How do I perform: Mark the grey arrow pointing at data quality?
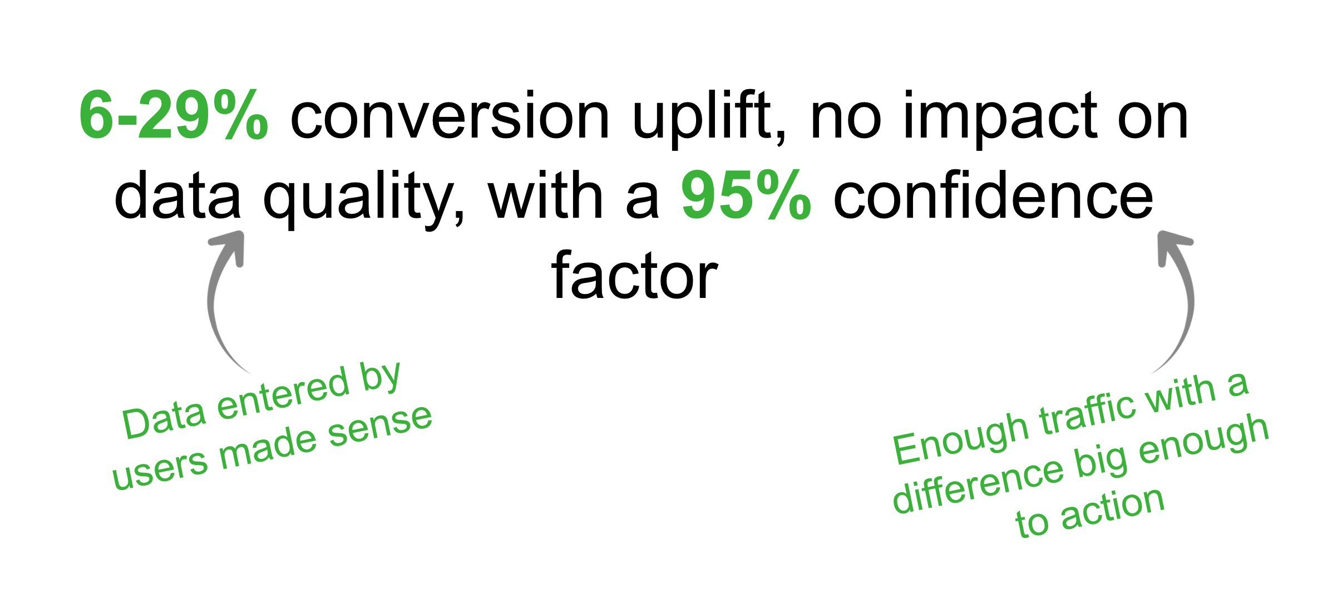coord(223,295)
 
